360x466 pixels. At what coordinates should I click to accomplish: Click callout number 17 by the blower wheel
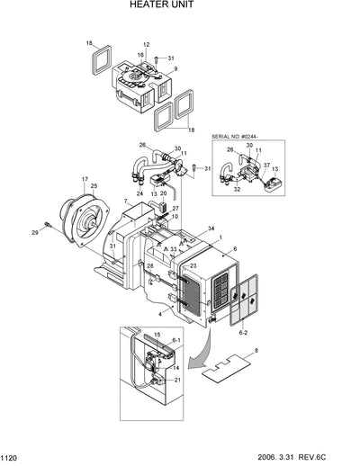coord(85,178)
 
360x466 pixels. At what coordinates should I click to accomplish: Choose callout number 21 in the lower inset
coord(175,381)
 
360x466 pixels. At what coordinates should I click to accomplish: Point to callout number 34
coord(211,229)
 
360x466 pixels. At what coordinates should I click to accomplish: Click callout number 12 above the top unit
coord(146,44)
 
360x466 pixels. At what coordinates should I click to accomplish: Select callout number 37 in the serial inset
coord(266,165)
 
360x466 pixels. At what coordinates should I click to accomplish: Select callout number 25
coord(94,186)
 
